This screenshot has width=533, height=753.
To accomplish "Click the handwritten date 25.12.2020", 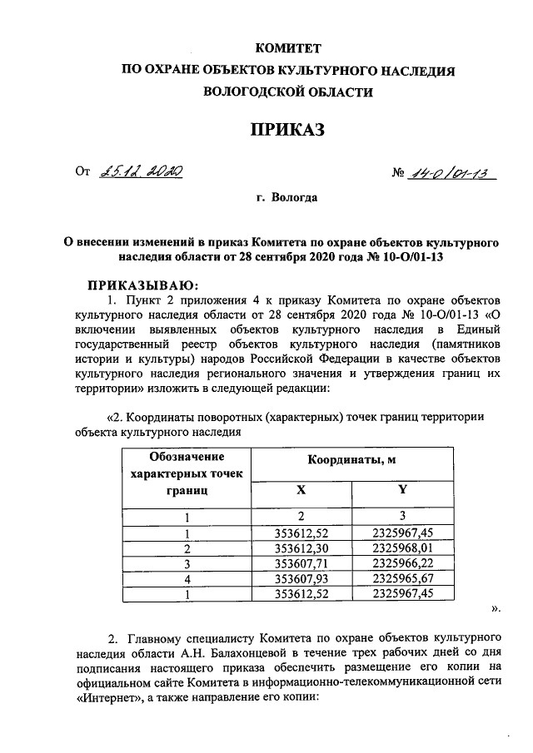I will click(141, 171).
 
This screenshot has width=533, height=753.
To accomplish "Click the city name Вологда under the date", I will click(287, 197).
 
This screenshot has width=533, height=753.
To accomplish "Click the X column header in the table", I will click(300, 491).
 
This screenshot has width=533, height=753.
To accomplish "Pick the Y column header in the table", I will click(402, 491).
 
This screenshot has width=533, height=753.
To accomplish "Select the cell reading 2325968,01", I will click(402, 549).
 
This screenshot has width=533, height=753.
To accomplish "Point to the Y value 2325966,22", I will click(402, 564).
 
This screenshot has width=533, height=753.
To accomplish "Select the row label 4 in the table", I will click(187, 579).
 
